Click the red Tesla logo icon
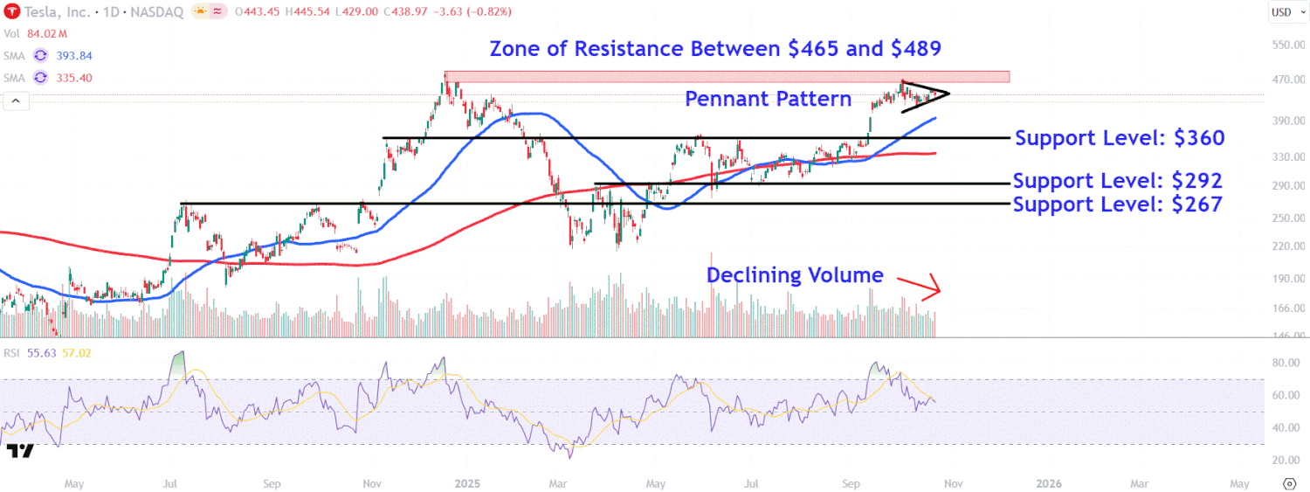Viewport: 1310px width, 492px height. click(x=12, y=11)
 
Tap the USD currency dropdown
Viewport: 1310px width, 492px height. click(x=1281, y=11)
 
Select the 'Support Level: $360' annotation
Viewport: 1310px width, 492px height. click(x=1120, y=138)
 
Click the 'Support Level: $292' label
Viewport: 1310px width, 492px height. click(x=1117, y=182)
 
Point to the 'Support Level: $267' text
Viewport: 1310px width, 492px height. click(x=1117, y=204)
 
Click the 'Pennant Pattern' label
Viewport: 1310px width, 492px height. click(x=768, y=99)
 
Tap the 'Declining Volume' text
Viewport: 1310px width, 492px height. click(x=795, y=275)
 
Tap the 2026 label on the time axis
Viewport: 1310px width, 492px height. click(x=1048, y=482)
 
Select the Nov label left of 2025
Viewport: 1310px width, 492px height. click(x=372, y=482)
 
